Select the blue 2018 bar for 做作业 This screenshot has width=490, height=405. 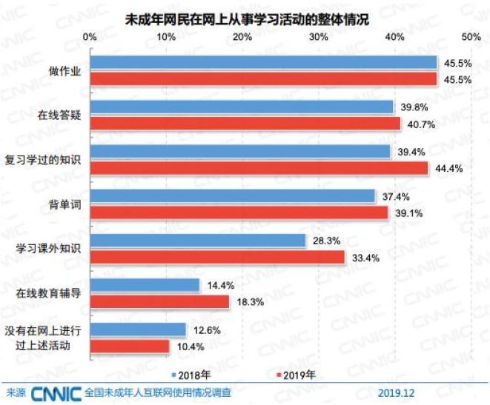(263, 62)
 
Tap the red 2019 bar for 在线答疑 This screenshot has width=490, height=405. (245, 123)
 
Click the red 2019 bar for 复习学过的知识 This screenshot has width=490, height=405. (259, 168)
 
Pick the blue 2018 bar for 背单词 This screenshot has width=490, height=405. (233, 196)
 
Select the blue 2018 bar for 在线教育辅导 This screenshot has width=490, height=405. (145, 285)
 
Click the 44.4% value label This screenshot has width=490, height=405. (448, 168)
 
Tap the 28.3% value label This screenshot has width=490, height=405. (325, 241)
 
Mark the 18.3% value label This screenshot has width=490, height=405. (249, 301)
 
